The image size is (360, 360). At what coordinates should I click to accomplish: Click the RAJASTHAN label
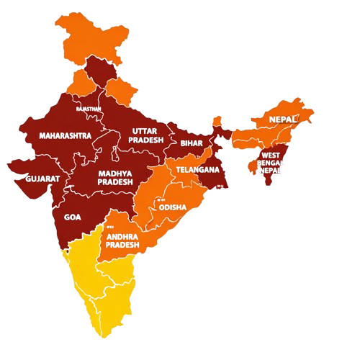(x=89, y=109)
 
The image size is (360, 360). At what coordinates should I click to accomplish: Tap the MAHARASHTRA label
(x=66, y=135)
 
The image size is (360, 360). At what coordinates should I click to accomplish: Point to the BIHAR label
(x=192, y=143)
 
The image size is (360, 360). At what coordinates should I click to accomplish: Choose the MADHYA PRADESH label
(x=115, y=177)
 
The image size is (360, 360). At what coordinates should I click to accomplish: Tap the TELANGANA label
(x=197, y=170)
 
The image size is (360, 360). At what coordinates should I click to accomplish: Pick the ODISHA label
(x=173, y=207)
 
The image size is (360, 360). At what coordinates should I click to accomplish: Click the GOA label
(x=73, y=217)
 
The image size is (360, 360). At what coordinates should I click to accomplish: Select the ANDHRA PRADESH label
(x=122, y=240)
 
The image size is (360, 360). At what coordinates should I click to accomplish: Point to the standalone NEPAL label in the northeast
(x=282, y=118)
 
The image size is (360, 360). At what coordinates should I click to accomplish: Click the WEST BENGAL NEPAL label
(x=271, y=163)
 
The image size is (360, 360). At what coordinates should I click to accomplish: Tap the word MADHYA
(x=115, y=173)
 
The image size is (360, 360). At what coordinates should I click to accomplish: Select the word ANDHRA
(x=122, y=236)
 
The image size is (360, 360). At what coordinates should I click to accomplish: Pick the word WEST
(x=271, y=155)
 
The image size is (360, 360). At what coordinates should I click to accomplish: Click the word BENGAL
(x=271, y=163)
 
